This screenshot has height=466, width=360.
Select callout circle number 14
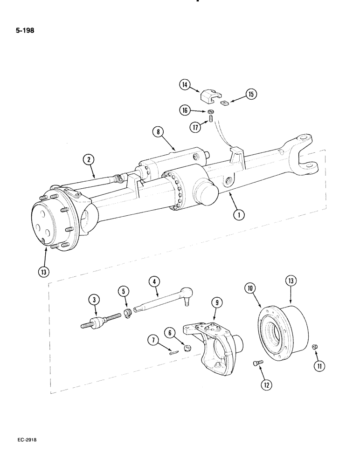pos(185,85)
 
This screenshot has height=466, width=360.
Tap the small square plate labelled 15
pos(225,103)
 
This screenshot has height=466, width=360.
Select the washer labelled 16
pos(211,111)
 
